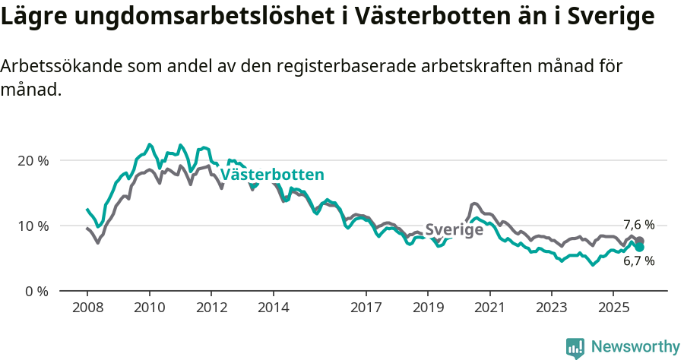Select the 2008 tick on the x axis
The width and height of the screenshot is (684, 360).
[87, 308]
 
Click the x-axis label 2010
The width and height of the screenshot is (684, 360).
[149, 308]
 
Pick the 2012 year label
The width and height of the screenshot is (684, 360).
[211, 308]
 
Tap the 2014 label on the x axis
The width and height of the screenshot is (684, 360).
[273, 308]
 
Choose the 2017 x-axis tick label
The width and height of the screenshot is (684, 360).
[366, 308]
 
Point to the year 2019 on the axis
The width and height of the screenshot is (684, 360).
[428, 308]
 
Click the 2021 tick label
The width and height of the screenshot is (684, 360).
[489, 308]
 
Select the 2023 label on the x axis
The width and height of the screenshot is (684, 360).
[552, 308]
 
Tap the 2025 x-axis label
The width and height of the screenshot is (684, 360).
[614, 308]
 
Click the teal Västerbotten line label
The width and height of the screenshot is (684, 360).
[272, 175]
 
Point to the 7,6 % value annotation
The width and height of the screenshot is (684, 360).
[638, 225]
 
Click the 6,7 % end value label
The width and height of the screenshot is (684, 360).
[638, 261]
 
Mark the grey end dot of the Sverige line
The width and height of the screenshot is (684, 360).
[640, 241]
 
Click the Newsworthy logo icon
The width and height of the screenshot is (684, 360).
[575, 348]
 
